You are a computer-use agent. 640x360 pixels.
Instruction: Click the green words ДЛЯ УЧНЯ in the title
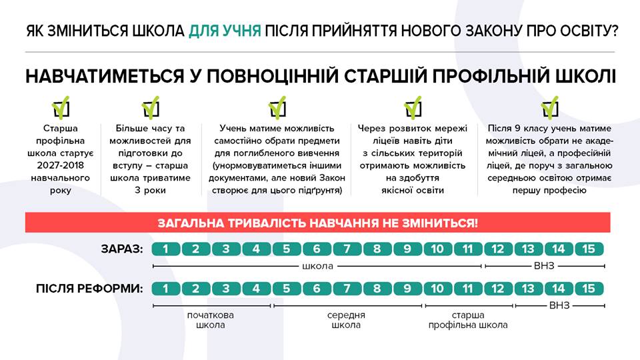click(225, 31)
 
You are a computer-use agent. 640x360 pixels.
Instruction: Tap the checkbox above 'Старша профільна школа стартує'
click(61, 107)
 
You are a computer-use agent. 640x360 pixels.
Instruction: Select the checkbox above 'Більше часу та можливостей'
click(150, 107)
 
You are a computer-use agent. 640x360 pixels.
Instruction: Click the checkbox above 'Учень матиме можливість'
click(277, 107)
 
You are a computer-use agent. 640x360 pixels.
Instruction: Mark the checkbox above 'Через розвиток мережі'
click(413, 107)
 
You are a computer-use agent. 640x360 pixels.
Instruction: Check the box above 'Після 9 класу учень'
click(549, 107)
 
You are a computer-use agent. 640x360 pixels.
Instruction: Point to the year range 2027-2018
click(61, 165)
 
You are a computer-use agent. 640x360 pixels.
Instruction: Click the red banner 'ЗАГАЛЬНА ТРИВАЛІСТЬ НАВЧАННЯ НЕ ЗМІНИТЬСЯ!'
click(317, 223)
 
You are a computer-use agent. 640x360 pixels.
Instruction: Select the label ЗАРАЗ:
click(122, 249)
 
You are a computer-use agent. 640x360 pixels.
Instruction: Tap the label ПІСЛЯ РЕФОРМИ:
click(89, 289)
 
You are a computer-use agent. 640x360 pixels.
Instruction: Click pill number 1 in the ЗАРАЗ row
click(166, 249)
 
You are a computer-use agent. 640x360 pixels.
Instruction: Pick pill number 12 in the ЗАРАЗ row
click(498, 249)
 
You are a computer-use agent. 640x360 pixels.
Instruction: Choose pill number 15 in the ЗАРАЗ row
click(589, 249)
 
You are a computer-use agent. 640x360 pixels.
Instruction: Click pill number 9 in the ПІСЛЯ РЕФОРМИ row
click(407, 289)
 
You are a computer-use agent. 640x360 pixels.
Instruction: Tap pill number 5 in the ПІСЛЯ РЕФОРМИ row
click(287, 289)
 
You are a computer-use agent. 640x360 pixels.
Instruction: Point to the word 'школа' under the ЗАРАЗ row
click(317, 266)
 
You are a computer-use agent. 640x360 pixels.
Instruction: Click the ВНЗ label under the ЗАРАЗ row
click(544, 266)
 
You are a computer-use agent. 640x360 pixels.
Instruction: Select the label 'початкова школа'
click(210, 320)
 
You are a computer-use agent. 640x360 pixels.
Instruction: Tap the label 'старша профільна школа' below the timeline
click(468, 320)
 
